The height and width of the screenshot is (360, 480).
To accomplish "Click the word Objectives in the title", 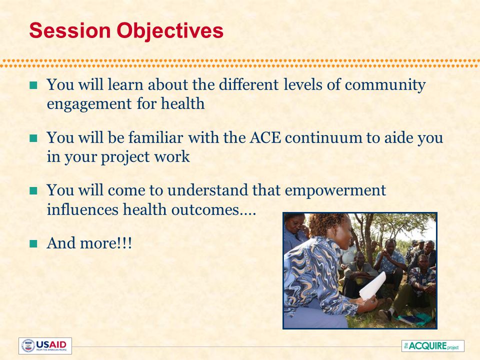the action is [170, 31].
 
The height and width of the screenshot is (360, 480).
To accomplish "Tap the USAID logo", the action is [45, 346].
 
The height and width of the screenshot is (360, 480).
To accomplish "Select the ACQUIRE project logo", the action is [433, 346].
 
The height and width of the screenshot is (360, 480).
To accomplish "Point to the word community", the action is [385, 85].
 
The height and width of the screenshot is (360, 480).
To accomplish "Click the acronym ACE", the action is [265, 138].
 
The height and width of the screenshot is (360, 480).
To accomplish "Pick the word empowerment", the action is [335, 190].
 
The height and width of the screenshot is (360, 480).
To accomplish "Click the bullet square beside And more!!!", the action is [33, 243].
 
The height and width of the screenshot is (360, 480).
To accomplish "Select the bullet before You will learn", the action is [33, 85].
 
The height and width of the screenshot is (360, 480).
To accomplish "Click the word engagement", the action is [89, 104].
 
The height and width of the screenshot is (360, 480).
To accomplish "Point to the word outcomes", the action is [205, 210].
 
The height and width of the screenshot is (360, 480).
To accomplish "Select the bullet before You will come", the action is [33, 191].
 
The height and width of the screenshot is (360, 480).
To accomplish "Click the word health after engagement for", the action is [183, 103].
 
